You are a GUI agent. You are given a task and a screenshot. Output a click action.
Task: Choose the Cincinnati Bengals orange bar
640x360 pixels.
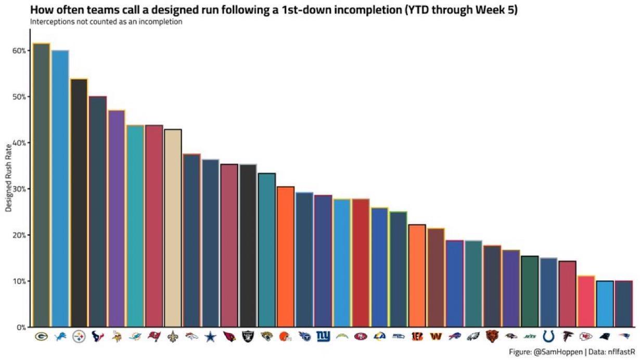(417, 276)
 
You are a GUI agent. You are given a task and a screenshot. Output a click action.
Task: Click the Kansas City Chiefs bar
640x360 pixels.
(586, 301)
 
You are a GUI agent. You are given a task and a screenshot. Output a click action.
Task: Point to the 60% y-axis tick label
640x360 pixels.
(19, 50)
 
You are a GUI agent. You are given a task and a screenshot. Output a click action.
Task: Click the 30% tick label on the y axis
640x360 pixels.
(19, 189)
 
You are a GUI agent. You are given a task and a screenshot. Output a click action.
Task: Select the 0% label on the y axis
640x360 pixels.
(21, 327)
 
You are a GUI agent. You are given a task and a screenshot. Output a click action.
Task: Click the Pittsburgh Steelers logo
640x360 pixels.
(79, 337)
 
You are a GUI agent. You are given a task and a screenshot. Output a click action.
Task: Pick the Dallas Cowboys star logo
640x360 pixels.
(210, 337)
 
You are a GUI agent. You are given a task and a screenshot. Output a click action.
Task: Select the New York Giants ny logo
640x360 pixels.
(323, 337)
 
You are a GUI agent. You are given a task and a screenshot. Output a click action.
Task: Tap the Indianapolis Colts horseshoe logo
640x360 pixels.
(548, 337)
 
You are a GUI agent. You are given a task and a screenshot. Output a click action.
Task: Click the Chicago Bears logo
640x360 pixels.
(492, 337)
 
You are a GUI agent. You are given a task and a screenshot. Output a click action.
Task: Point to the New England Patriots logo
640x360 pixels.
(623, 337)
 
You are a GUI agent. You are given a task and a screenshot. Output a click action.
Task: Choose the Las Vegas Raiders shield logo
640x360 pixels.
(248, 337)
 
